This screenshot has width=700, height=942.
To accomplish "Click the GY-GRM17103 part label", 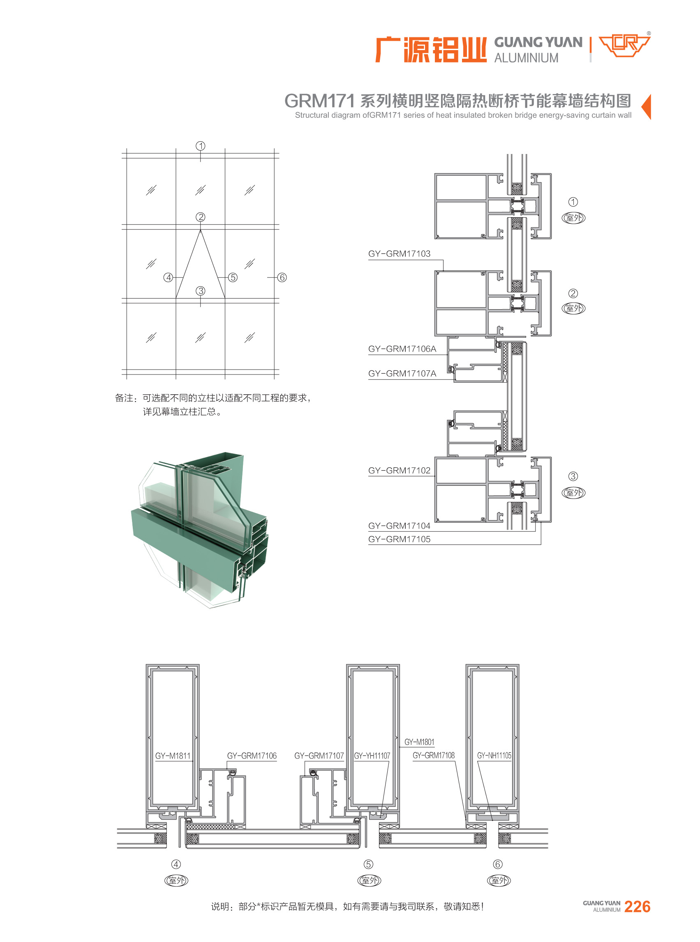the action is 399,254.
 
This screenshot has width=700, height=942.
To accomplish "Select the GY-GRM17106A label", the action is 402,349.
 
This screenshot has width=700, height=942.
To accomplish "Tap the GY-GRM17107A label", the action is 402,373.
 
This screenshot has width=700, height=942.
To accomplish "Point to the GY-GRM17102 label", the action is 399,470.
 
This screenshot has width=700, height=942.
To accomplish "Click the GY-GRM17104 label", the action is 399,526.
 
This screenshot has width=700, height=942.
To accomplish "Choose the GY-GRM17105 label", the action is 399,540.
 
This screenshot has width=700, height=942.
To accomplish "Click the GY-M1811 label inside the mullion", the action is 173,756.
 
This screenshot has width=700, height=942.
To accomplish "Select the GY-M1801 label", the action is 420,742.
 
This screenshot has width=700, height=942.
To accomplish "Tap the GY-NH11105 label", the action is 494,755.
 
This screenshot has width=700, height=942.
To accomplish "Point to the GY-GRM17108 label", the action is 434,755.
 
